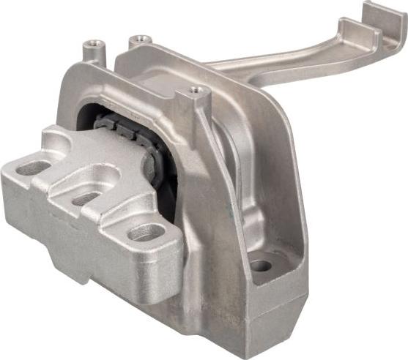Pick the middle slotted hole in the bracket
(86, 198)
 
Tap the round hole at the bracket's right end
(146, 233)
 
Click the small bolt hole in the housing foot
(260, 265)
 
